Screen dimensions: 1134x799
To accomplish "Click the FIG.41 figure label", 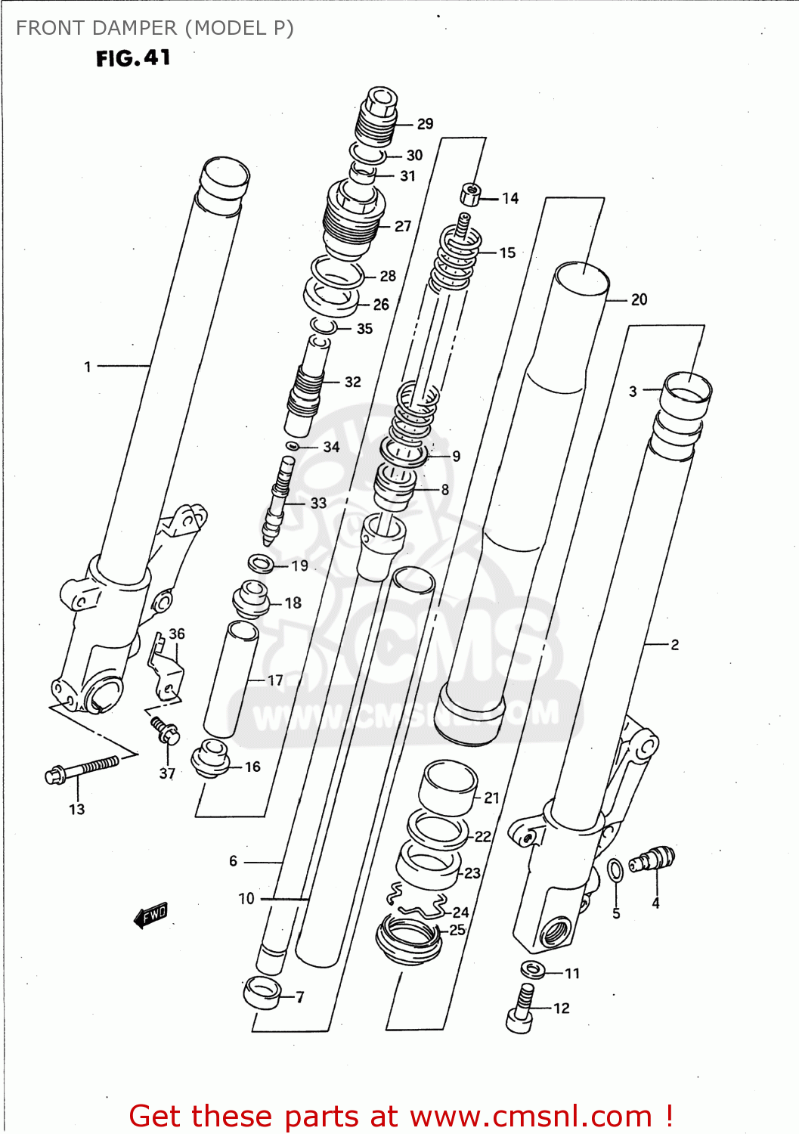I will (133, 58).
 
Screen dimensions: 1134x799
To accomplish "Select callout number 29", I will (425, 124).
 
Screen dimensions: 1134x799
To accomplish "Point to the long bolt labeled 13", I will (82, 770).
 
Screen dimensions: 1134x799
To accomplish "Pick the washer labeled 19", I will (261, 563).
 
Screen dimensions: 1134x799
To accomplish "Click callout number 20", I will (639, 299).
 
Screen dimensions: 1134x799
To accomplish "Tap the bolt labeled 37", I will (166, 730).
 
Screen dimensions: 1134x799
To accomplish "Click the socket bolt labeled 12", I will (520, 1009).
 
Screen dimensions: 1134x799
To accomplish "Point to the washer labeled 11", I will (533, 968).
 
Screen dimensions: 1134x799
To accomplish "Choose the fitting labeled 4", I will (652, 860).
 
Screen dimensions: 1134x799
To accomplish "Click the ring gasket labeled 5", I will (616, 870).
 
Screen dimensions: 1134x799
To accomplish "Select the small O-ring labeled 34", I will (292, 447).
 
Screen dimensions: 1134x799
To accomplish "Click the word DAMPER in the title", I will (141, 28).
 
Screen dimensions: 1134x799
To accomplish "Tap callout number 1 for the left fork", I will (88, 367).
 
